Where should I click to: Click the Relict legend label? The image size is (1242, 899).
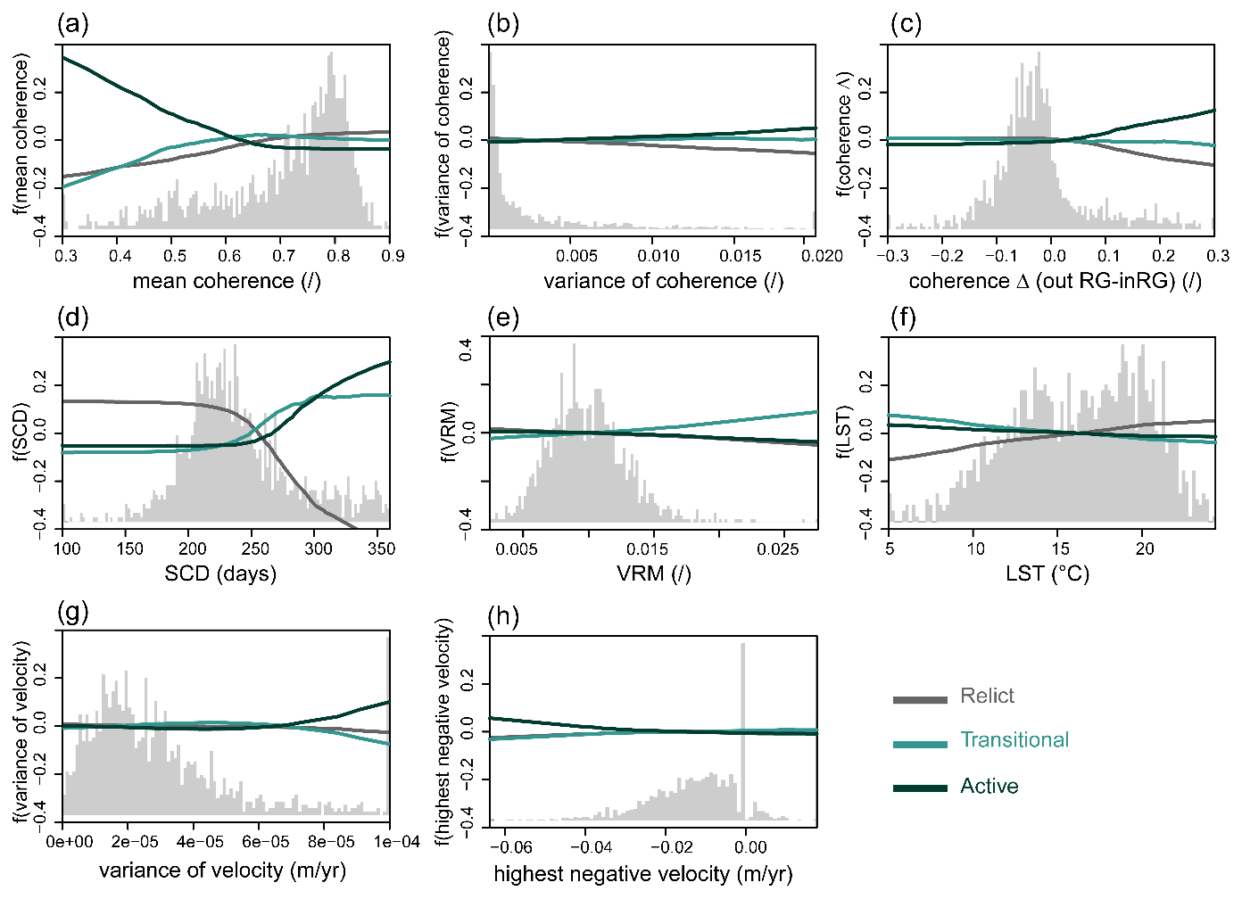click(x=987, y=696)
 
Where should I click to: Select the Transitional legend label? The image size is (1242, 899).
click(x=1014, y=740)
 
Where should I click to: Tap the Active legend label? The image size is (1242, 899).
click(x=989, y=787)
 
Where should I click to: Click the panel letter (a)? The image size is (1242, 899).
click(x=73, y=24)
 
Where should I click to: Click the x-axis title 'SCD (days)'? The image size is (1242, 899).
click(x=220, y=573)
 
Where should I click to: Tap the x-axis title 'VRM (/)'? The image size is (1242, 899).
click(x=654, y=573)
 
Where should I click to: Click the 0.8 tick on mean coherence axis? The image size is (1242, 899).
click(x=338, y=256)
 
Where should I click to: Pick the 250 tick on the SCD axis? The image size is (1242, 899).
click(x=255, y=548)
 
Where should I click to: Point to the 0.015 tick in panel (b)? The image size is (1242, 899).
click(x=741, y=256)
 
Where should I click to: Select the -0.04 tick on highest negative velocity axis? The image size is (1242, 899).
click(x=591, y=847)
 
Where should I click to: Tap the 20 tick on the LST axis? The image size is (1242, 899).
click(x=1144, y=548)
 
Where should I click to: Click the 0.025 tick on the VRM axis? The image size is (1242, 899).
click(x=777, y=548)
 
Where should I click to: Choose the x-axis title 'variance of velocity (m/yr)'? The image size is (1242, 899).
click(x=222, y=870)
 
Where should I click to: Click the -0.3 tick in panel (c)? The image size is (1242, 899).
click(x=891, y=256)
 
